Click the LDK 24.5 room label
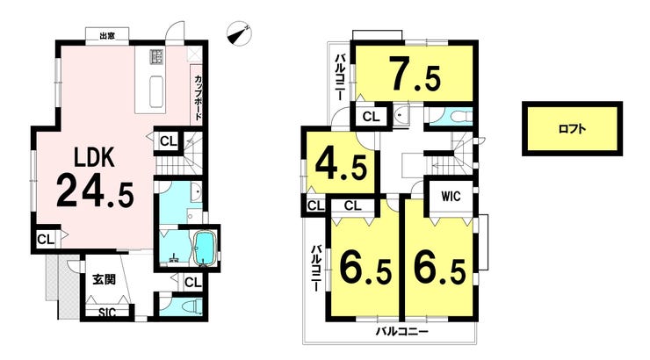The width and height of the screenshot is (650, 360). [96, 177]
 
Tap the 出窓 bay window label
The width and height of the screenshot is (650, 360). [107, 36]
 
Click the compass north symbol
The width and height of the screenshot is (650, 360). [239, 33]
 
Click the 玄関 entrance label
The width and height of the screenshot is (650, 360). [104, 279]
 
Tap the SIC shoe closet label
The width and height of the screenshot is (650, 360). [107, 313]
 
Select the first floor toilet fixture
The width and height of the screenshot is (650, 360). [192, 307]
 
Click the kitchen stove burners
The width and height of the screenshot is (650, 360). [156, 56]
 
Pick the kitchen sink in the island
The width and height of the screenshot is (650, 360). [156, 92]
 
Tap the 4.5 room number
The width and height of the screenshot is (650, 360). [341, 164]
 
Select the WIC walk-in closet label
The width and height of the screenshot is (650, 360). [451, 196]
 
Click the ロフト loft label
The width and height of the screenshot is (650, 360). [572, 129]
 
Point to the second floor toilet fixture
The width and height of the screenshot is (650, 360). [457, 116]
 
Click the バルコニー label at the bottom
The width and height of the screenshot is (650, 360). [402, 331]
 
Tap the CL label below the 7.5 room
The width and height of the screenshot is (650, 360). [371, 117]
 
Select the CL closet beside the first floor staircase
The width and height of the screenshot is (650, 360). [169, 141]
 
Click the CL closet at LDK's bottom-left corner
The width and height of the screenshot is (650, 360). [46, 240]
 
